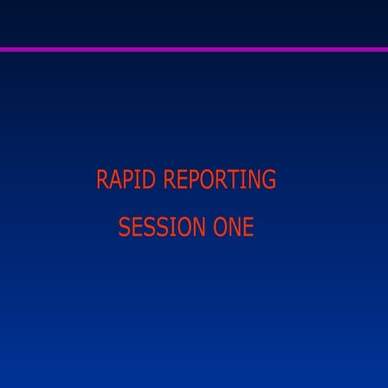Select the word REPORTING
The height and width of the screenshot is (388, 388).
219,179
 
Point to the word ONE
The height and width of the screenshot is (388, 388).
233,227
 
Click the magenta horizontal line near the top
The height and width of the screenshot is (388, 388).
194,49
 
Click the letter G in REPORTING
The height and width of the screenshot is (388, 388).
268,179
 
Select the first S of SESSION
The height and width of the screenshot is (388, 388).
124,227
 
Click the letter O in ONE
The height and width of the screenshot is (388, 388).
218,227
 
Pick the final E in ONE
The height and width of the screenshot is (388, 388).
247,227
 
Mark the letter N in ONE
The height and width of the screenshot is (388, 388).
234,227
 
